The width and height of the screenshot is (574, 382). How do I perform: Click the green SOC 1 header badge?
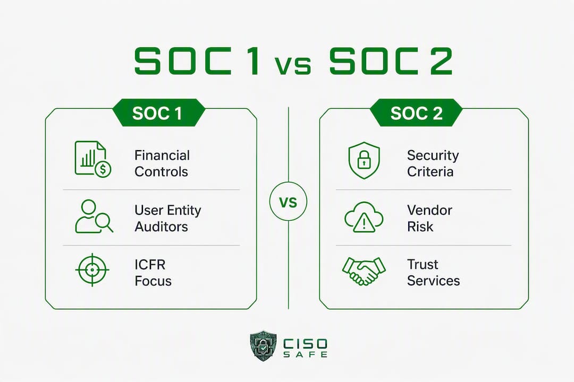tap(158, 112)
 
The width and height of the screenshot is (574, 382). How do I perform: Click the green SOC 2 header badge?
tap(416, 112)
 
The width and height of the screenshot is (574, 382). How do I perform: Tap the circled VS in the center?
tap(288, 202)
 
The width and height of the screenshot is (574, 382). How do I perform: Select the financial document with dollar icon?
tap(93, 159)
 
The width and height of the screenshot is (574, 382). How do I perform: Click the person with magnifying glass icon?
tap(94, 216)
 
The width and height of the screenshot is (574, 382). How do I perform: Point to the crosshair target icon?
tap(92, 270)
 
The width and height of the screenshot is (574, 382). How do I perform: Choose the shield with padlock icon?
tap(364, 160)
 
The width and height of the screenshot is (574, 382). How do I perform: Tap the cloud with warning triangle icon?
tap(364, 217)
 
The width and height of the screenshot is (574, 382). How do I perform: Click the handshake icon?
tap(364, 271)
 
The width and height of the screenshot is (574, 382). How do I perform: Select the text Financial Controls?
tap(162, 163)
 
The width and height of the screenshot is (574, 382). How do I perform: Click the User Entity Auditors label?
tap(167, 218)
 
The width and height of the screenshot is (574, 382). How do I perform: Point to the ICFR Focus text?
tap(153, 273)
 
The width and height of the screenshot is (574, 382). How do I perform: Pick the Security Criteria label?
tap(433, 163)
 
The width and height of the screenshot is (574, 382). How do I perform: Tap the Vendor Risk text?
tap(429, 218)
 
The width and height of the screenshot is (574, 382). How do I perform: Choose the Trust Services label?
tap(434, 273)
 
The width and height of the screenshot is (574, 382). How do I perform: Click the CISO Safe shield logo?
tap(263, 346)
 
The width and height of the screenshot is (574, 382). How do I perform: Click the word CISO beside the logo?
tap(305, 344)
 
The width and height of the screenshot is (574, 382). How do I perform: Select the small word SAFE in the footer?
tap(305, 354)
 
